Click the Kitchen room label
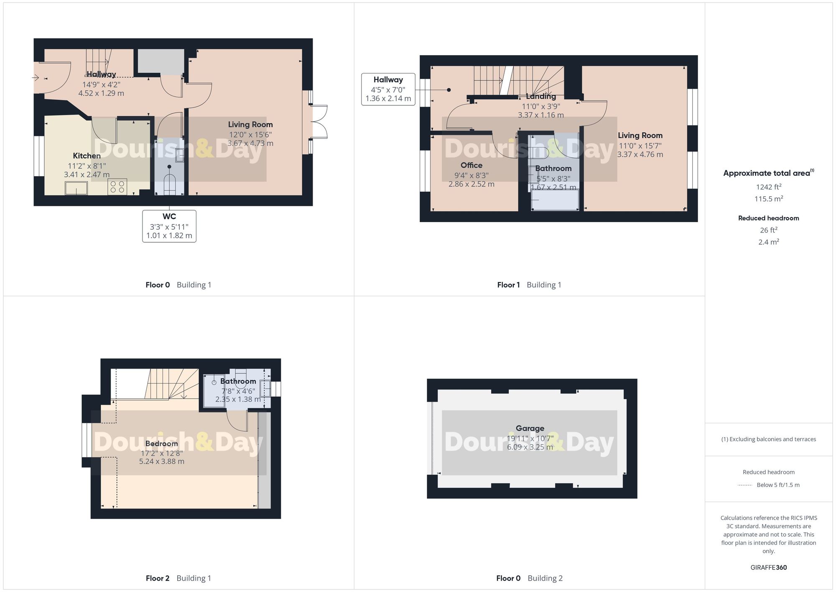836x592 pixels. pyautogui.click(x=87, y=156)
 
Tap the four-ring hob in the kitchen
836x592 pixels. pyautogui.click(x=117, y=187)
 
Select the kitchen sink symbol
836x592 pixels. pyautogui.click(x=76, y=188)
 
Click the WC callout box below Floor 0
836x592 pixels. pyautogui.click(x=169, y=226)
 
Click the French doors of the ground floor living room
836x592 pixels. pyautogui.click(x=320, y=121)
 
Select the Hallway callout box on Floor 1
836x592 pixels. pyautogui.click(x=388, y=89)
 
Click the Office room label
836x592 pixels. pyautogui.click(x=471, y=165)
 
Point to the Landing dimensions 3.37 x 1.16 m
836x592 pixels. pyautogui.click(x=540, y=115)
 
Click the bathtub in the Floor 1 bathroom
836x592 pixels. pyautogui.click(x=555, y=200)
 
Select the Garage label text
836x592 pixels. pyautogui.click(x=530, y=428)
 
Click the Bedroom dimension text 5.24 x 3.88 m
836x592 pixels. pyautogui.click(x=161, y=461)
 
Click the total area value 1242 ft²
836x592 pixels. pyautogui.click(x=768, y=187)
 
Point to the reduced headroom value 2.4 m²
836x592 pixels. pyautogui.click(x=768, y=242)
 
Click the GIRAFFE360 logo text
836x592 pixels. pyautogui.click(x=768, y=567)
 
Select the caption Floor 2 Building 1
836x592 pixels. pyautogui.click(x=178, y=578)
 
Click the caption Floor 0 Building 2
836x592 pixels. pyautogui.click(x=529, y=578)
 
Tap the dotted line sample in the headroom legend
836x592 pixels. pyautogui.click(x=745, y=485)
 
